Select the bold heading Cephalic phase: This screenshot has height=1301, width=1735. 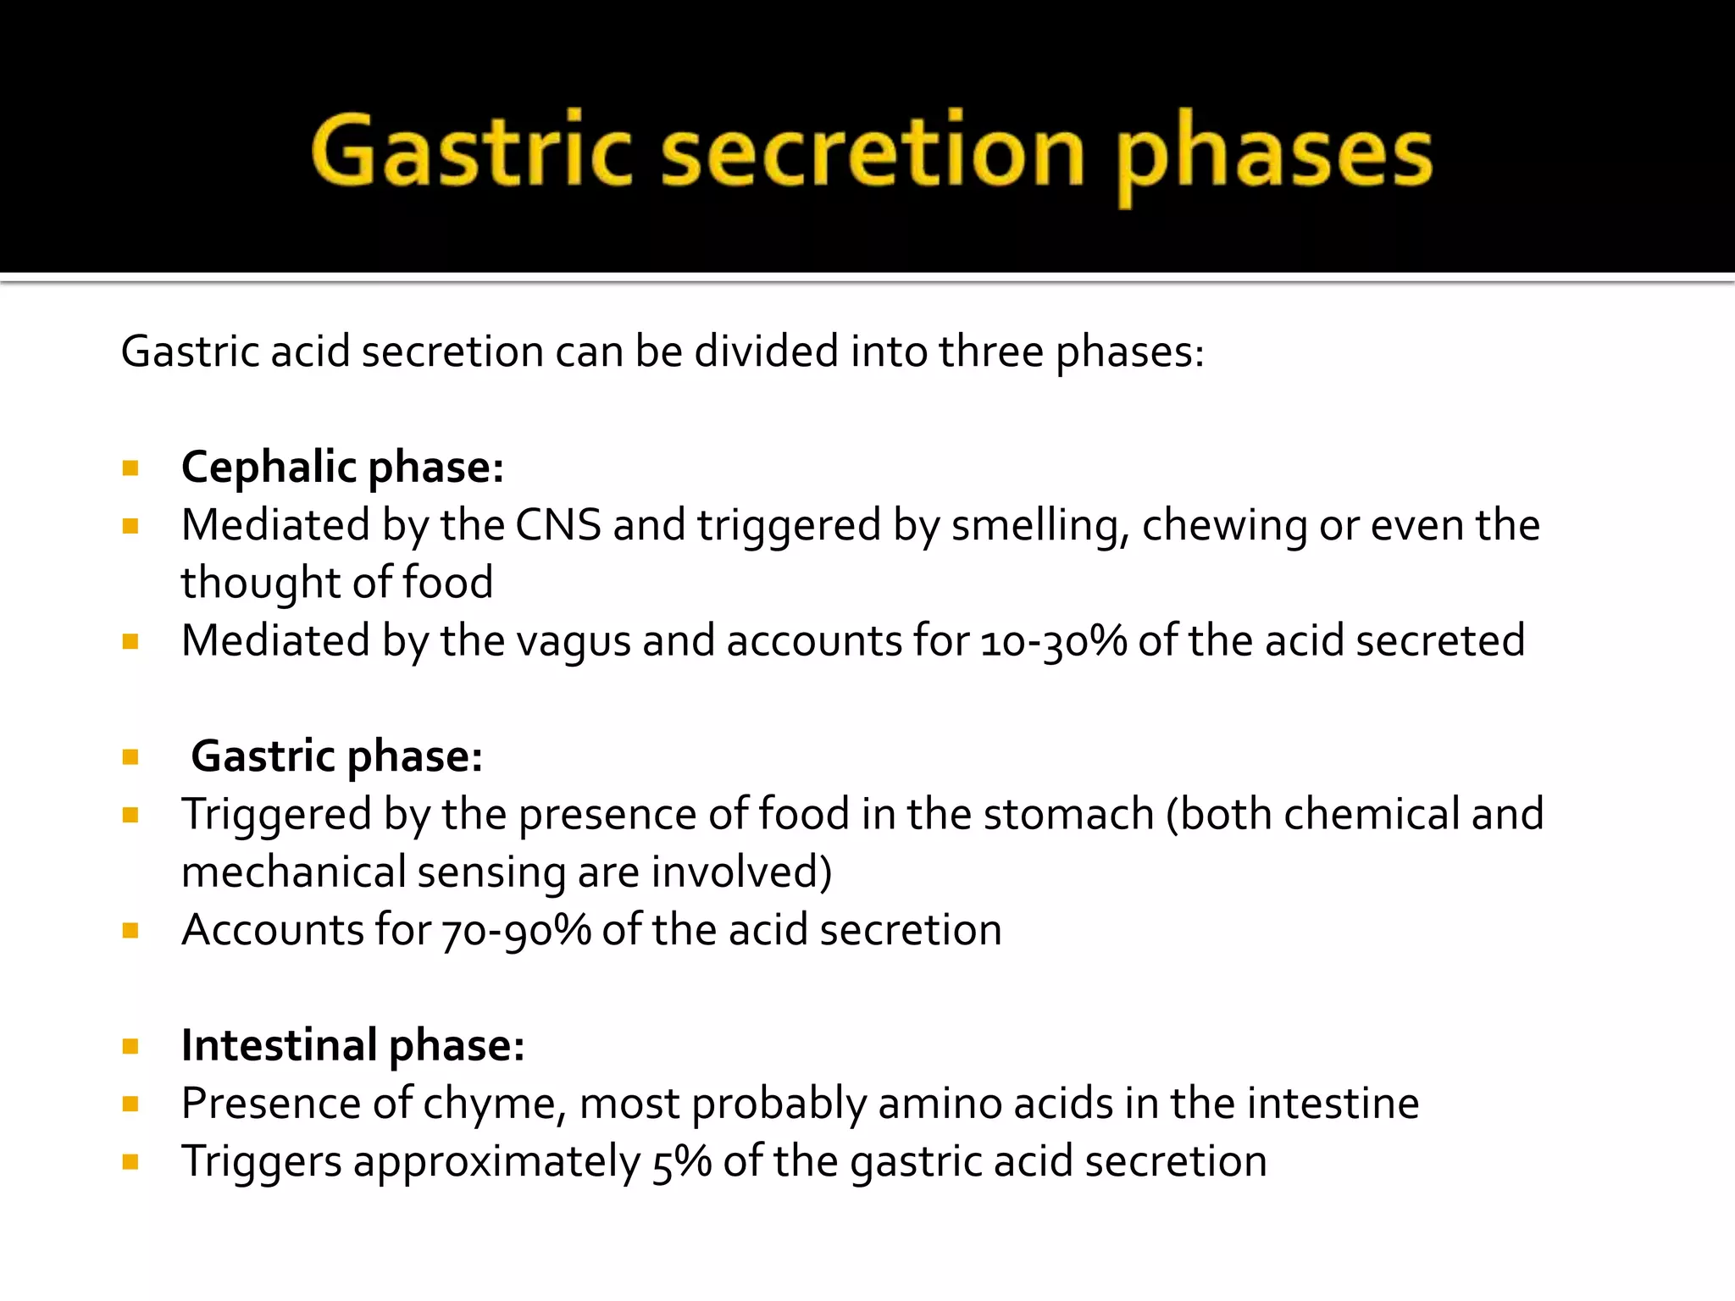342,468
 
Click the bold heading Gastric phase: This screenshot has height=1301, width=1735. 336,756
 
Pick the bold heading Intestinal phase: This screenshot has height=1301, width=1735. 352,1045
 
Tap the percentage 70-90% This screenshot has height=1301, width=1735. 516,931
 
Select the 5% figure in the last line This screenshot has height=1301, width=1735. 681,1161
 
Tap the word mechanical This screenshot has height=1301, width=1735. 293,872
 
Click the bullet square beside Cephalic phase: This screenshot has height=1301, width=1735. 130,468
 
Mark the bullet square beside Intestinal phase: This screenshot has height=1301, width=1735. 130,1046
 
